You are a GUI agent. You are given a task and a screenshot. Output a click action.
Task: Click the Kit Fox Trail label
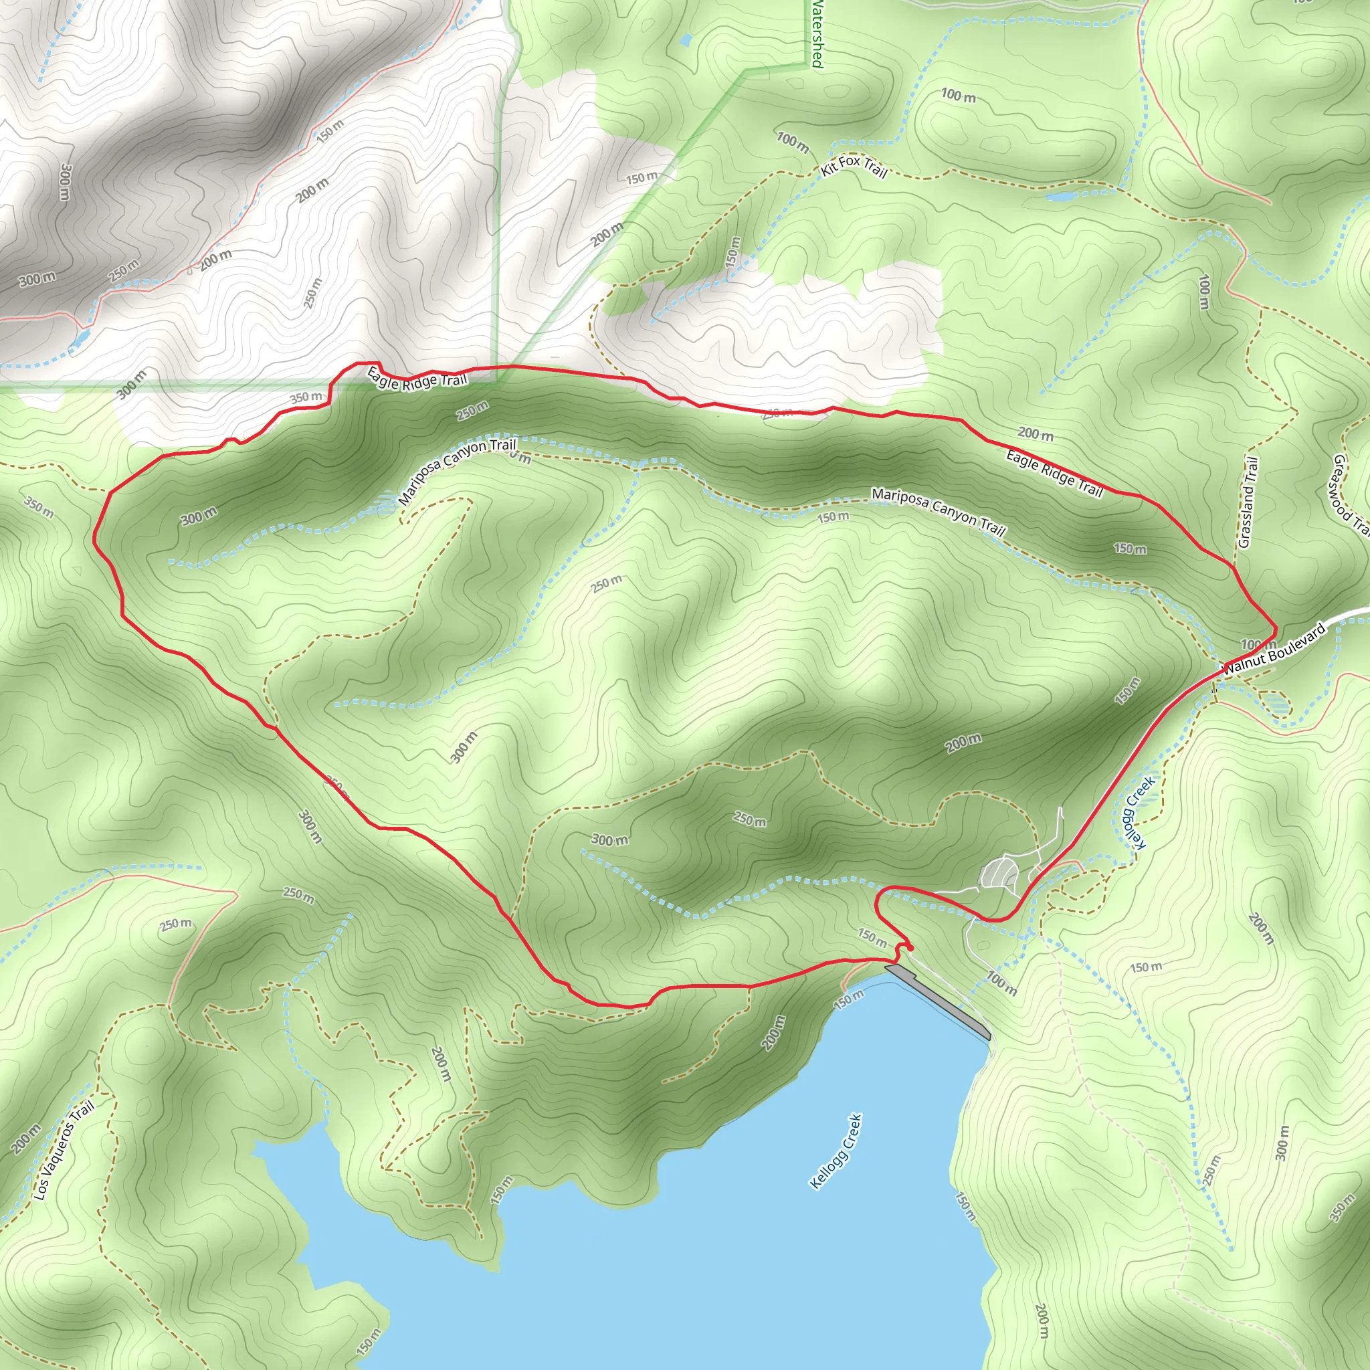[854, 167]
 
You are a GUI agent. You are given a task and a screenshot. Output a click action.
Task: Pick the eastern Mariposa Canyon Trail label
[939, 511]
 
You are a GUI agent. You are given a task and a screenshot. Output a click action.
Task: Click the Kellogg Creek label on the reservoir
[836, 1151]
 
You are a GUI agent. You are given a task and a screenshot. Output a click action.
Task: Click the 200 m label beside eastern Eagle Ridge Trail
[1036, 433]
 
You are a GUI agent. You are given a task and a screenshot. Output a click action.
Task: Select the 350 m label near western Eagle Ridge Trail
[306, 397]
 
